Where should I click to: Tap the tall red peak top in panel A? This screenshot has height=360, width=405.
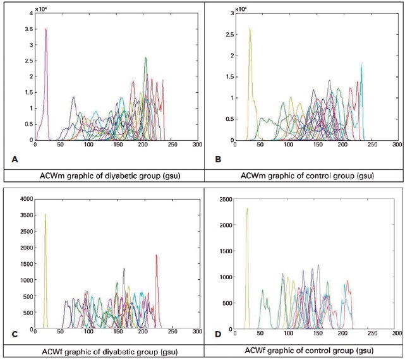point(46,28)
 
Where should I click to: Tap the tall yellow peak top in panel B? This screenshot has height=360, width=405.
point(250,28)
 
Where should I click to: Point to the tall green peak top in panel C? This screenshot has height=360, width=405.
point(45,214)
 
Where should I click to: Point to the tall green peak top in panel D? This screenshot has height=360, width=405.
point(247,208)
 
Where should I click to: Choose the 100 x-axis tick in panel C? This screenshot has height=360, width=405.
point(88,332)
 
